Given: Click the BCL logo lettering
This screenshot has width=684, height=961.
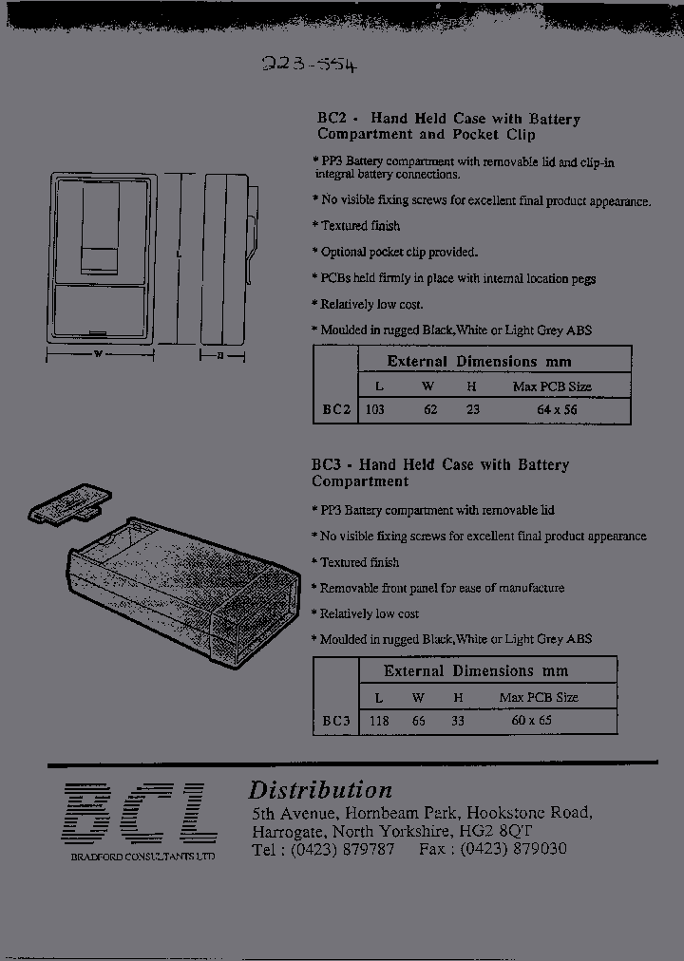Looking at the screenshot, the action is [141, 814].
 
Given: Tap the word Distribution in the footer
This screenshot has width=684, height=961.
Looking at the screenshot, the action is [320, 790].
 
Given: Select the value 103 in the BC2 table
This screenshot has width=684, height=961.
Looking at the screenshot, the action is [375, 409].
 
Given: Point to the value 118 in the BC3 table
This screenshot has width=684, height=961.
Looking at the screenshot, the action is [379, 720].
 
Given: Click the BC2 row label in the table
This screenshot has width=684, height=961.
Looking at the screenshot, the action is [336, 409].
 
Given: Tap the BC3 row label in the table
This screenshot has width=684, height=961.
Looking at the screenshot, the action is [336, 720].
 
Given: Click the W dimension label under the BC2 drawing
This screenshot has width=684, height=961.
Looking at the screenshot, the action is [98, 354].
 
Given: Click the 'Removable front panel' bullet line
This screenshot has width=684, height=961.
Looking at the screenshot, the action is [442, 588].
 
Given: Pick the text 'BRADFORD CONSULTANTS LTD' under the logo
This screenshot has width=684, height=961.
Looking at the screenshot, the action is [142, 857].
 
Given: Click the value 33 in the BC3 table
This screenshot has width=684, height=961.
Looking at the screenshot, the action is [458, 720].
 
